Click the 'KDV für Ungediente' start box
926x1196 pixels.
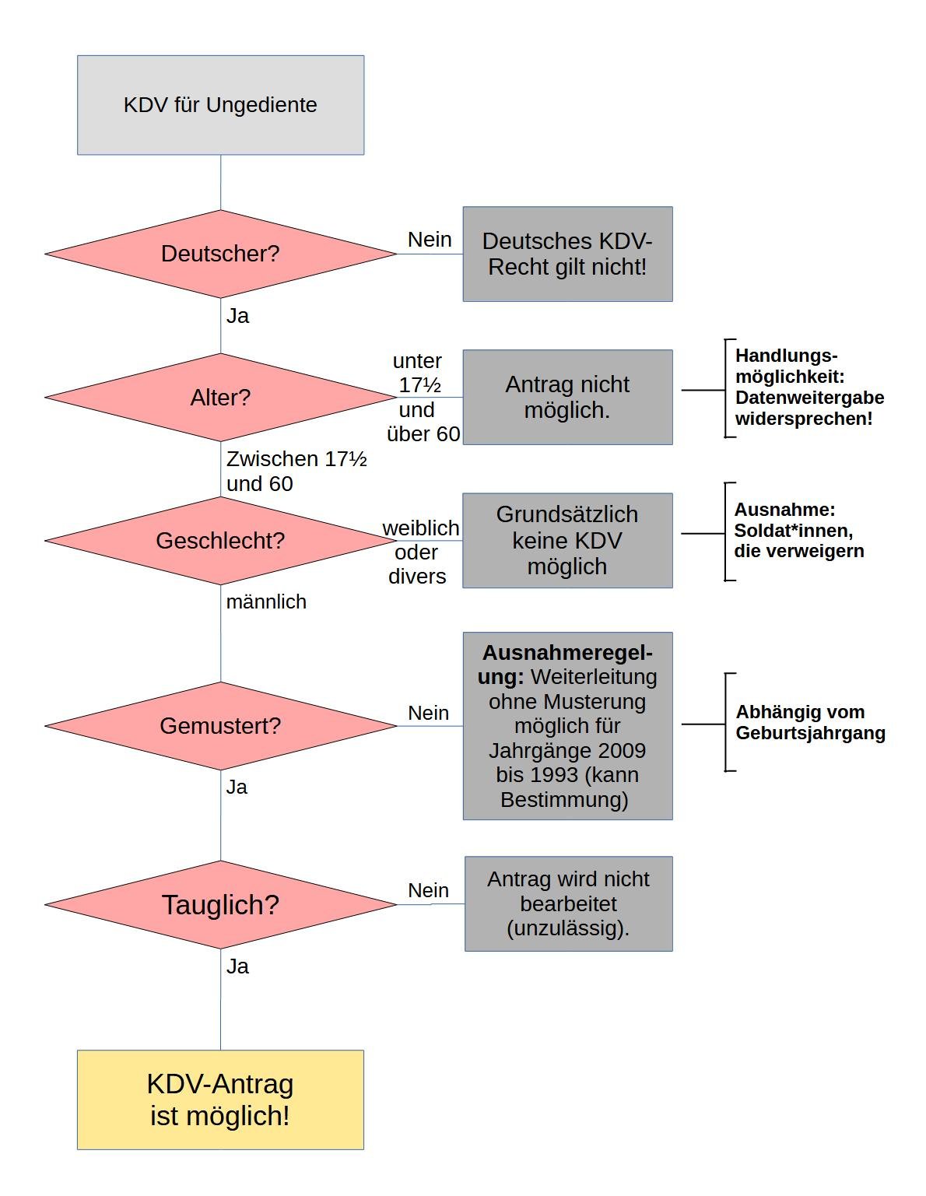pos(220,105)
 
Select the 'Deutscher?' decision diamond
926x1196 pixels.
pos(220,254)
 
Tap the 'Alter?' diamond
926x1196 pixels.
pos(220,398)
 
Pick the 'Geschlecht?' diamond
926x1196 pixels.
pos(220,541)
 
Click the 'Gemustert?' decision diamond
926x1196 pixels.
pos(220,726)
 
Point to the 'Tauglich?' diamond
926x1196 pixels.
pos(220,905)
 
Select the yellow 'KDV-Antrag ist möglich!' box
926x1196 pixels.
pos(220,1100)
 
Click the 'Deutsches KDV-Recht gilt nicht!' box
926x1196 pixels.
pos(567,254)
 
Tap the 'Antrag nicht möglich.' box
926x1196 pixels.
pos(567,398)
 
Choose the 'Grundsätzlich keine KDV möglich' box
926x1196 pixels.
pos(567,541)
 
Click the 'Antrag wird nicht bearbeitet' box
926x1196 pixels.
pos(568,903)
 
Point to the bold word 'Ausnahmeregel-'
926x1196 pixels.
pos(567,653)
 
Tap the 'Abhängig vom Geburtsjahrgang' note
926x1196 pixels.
pos(810,722)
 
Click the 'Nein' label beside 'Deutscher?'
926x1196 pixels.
pos(430,240)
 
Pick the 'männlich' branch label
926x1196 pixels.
pos(266,602)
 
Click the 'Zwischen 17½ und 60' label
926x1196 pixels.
pos(296,471)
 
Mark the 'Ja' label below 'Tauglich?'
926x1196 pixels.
pos(237,966)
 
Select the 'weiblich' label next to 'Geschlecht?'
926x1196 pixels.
pos(421,528)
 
